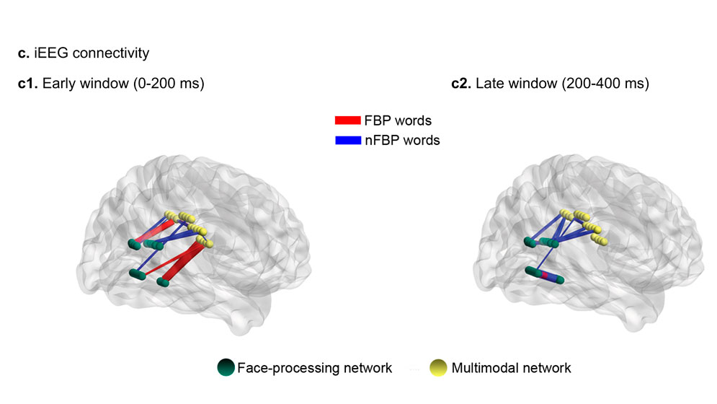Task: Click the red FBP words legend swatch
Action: tap(348, 120)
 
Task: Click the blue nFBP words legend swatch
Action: tap(348, 141)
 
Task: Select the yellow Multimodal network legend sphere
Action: tap(439, 368)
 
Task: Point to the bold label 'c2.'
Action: tap(461, 84)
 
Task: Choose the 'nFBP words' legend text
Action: tap(402, 141)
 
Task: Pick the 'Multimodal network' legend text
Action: tap(511, 368)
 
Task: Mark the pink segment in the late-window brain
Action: tap(546, 276)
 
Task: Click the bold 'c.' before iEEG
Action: tap(23, 53)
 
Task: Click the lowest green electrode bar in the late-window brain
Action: tap(544, 276)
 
